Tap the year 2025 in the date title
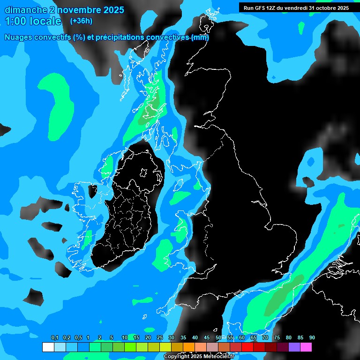coord(112,10)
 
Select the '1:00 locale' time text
coord(33,21)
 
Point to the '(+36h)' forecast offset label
coord(81,21)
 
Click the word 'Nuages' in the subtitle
coord(18,37)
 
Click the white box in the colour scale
coord(48,347)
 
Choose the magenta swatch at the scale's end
coord(306,347)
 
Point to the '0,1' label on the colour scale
coord(55,338)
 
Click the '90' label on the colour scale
coord(312,338)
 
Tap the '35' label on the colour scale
coord(183,338)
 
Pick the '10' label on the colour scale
coord(124,338)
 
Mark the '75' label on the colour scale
coord(277,338)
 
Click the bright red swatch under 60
coord(247,347)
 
